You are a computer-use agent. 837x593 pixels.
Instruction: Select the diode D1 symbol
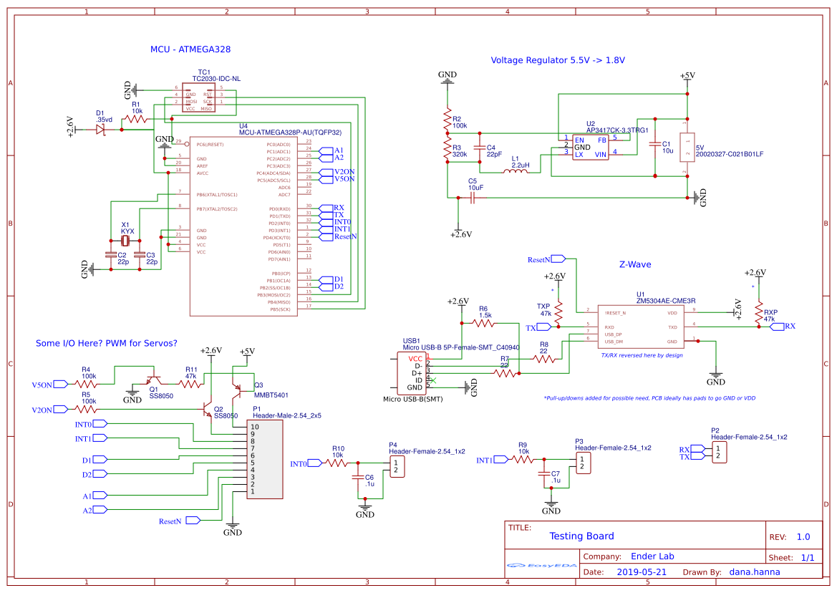[101, 130]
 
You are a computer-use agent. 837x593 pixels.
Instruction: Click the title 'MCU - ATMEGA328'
[190, 49]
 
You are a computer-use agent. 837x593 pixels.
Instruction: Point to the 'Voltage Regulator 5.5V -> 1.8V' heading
[557, 60]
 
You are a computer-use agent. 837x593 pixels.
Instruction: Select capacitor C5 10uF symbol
[473, 198]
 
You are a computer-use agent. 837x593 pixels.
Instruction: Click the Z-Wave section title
[635, 264]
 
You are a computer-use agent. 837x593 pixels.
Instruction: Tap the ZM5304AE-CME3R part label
[666, 301]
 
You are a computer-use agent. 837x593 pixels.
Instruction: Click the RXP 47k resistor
[759, 311]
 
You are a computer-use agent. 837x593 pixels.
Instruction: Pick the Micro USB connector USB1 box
[412, 372]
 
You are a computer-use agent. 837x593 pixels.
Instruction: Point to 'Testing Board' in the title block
[581, 536]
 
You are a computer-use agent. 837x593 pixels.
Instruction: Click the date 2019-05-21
[641, 572]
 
